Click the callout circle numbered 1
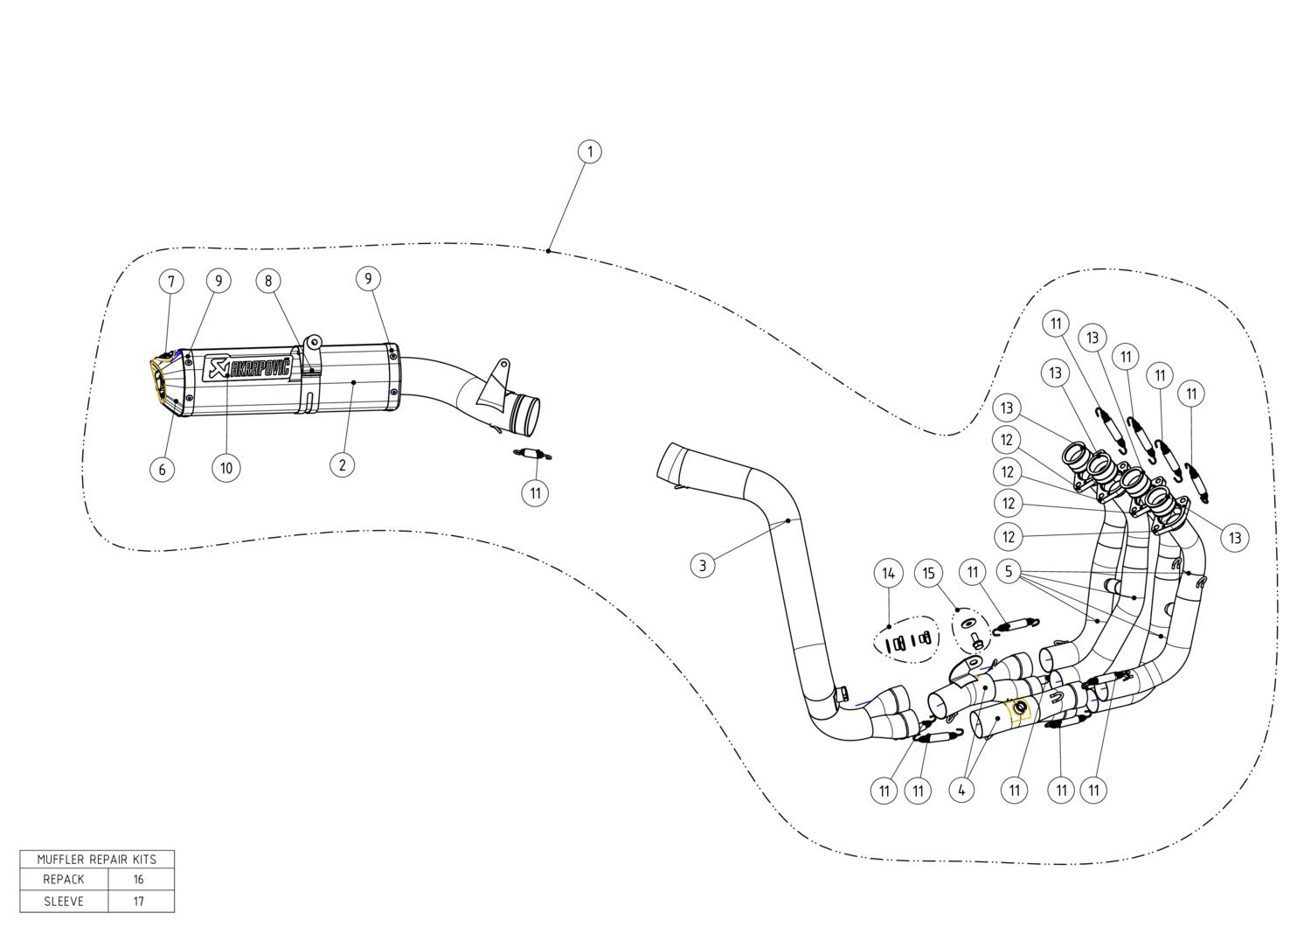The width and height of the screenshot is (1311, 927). pyautogui.click(x=589, y=151)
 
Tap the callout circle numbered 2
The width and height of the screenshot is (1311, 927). pyautogui.click(x=343, y=465)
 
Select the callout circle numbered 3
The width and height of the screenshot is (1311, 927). pyautogui.click(x=703, y=565)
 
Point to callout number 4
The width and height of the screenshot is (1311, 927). pyautogui.click(x=961, y=791)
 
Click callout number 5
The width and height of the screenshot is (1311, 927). pyautogui.click(x=1009, y=571)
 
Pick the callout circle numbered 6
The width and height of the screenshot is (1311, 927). pyautogui.click(x=162, y=469)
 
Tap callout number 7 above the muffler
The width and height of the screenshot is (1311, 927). pyautogui.click(x=171, y=282)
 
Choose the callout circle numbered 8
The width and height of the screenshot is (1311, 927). pyautogui.click(x=268, y=281)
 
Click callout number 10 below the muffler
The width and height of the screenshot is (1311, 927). pyautogui.click(x=225, y=468)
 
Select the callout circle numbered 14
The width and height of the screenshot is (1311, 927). pyautogui.click(x=889, y=574)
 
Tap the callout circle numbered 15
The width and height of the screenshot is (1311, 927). pyautogui.click(x=929, y=573)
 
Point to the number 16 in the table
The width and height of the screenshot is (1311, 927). pyautogui.click(x=138, y=879)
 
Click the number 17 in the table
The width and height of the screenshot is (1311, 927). pyautogui.click(x=138, y=902)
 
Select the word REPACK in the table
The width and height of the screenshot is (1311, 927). pyautogui.click(x=64, y=879)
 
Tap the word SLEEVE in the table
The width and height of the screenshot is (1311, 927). pyautogui.click(x=64, y=902)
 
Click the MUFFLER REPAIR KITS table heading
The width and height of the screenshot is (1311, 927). pyautogui.click(x=96, y=859)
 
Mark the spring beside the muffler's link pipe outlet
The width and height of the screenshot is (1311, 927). pyautogui.click(x=532, y=453)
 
